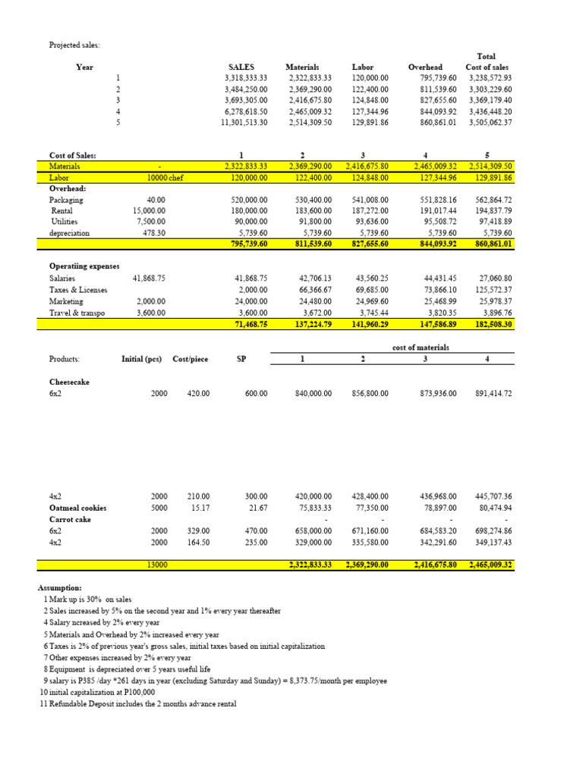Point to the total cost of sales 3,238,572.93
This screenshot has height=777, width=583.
click(x=490, y=77)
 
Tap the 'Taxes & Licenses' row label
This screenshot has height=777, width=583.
click(x=78, y=290)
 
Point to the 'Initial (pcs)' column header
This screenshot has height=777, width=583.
click(x=141, y=359)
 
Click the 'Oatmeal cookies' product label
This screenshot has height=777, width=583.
click(x=78, y=508)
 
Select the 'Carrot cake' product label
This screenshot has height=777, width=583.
click(x=70, y=520)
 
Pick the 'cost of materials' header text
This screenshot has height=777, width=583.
click(x=421, y=347)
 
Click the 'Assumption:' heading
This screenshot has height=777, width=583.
click(x=61, y=587)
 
